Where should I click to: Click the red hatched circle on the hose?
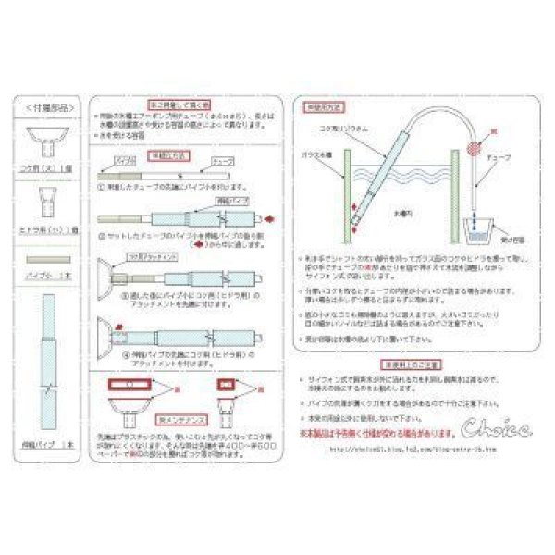point(476,147)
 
